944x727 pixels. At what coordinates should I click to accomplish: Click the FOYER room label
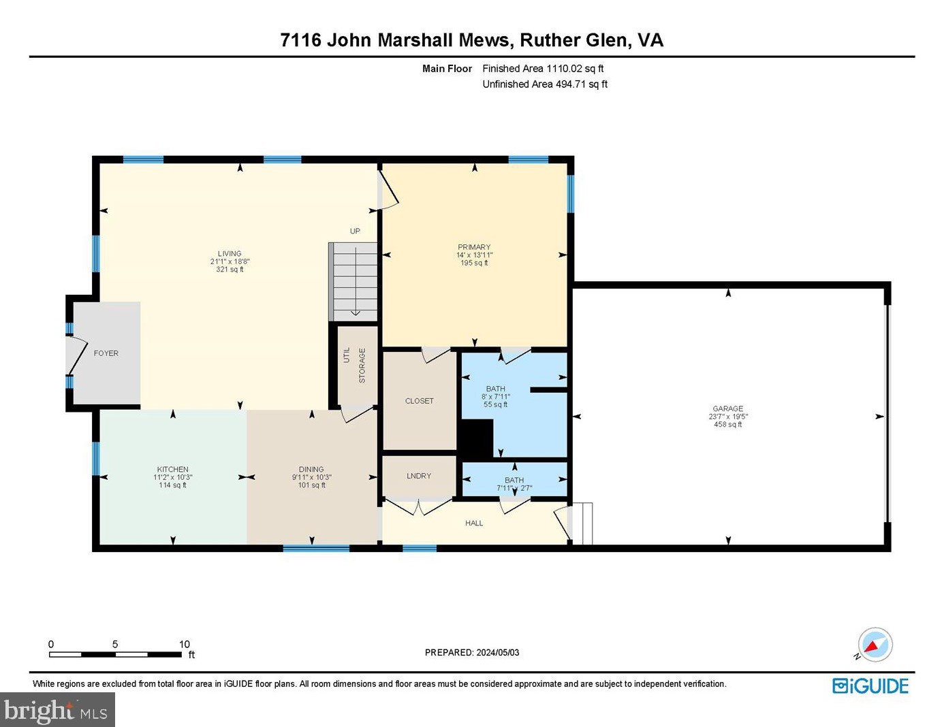[x=106, y=353]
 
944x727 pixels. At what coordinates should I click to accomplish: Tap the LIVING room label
[x=230, y=253]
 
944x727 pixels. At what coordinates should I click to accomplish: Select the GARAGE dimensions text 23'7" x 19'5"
[x=728, y=417]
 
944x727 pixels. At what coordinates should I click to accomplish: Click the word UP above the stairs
[x=355, y=231]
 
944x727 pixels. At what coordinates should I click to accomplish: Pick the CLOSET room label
[x=420, y=401]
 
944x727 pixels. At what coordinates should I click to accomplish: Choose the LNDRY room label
[x=419, y=476]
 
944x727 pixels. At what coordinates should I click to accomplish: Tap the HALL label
[x=474, y=523]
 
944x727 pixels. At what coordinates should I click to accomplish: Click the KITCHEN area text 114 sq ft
[x=172, y=485]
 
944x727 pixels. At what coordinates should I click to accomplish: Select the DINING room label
[x=311, y=469]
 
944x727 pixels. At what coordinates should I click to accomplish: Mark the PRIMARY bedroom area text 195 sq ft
[x=474, y=263]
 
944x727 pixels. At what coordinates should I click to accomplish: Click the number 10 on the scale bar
[x=184, y=644]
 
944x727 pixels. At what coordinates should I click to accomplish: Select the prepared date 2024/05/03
[x=497, y=652]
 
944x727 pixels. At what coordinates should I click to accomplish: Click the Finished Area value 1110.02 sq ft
[x=575, y=69]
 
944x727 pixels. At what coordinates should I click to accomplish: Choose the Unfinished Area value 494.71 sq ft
[x=582, y=84]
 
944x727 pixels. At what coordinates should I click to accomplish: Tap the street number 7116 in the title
[x=300, y=40]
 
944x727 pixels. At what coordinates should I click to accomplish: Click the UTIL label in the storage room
[x=347, y=355]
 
